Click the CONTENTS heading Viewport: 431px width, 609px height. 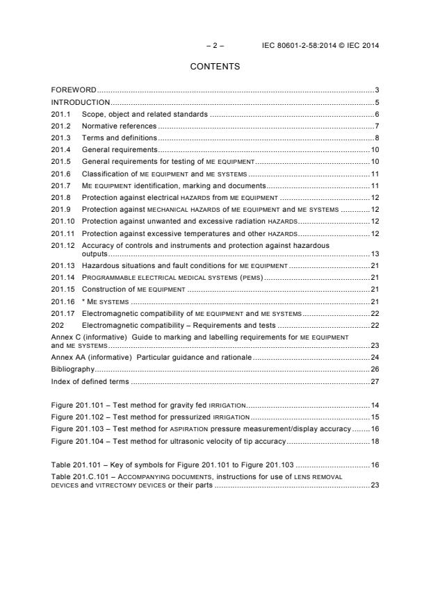tap(215, 67)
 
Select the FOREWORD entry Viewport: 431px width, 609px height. tap(74, 90)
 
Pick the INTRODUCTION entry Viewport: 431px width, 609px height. tap(81, 102)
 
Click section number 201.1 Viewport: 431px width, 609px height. tap(61, 114)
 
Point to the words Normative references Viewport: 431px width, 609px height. tap(119, 126)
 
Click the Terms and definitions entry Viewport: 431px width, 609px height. tap(119, 138)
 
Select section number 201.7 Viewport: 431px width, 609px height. tap(61, 186)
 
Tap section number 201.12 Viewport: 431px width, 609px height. tap(63, 245)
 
